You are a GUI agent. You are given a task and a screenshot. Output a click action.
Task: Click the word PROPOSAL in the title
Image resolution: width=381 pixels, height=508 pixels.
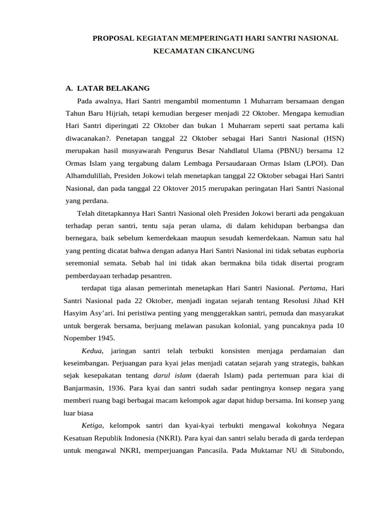point(112,38)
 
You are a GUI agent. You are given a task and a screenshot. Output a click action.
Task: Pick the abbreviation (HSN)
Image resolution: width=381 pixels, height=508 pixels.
point(333,138)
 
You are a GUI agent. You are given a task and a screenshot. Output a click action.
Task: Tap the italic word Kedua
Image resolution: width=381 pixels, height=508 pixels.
point(92,351)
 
